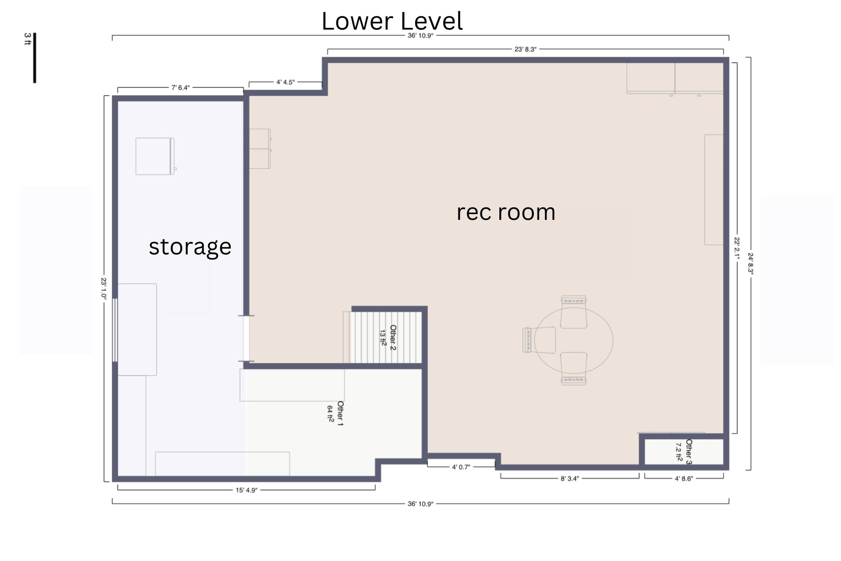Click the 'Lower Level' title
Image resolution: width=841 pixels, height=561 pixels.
coord(392,21)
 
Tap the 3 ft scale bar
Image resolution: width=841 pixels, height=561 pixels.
coord(34,58)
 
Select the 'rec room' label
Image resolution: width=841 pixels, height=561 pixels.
coord(506,212)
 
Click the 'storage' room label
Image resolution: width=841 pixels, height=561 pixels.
coord(190,247)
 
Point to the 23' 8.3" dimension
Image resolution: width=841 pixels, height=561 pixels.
coord(525,49)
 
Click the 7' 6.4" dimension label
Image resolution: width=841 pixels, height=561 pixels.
coord(181,88)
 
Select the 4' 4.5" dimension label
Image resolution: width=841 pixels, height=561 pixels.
coord(285,82)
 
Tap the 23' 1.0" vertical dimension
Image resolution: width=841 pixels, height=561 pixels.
coord(104,289)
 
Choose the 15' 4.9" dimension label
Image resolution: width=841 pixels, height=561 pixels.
coord(246,490)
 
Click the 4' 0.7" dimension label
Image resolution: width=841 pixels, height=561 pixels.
coord(461,467)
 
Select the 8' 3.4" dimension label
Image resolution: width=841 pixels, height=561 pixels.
coord(570,478)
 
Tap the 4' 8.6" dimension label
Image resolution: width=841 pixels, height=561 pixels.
coord(684,478)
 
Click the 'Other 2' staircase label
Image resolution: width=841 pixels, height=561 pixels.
coord(393,337)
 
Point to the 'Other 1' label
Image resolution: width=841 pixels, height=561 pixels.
coord(340,413)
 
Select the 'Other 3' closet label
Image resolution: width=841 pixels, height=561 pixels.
coord(689,452)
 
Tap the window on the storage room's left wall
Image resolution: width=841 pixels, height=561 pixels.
coord(115,330)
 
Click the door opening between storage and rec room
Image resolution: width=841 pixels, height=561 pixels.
coord(246,338)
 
